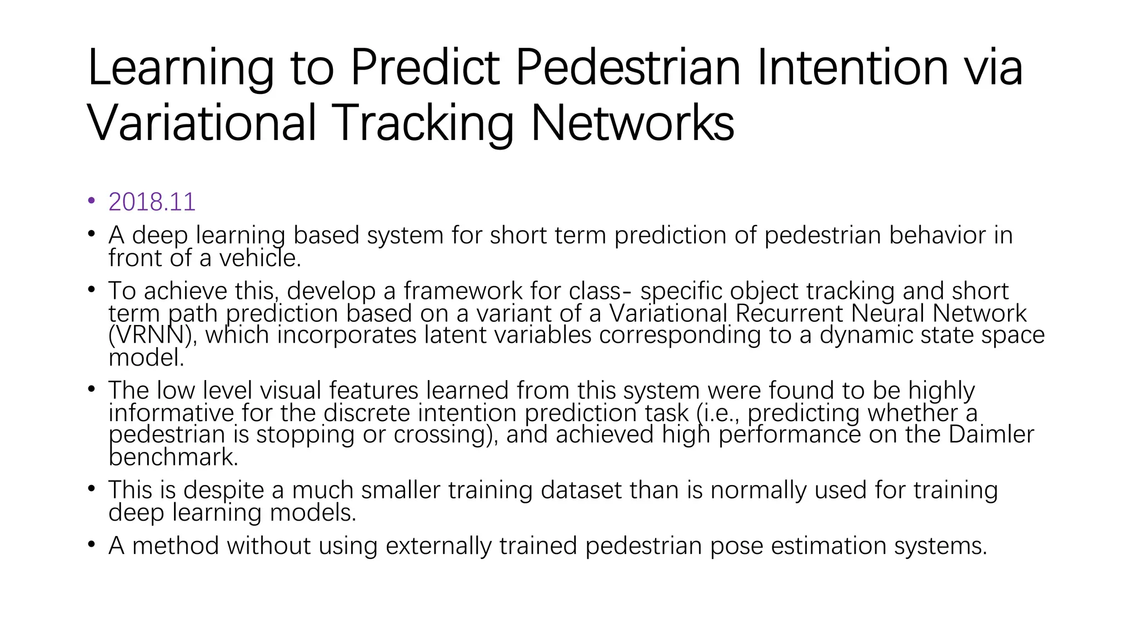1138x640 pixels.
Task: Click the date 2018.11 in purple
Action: (x=152, y=202)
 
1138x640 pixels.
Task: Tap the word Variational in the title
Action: (x=201, y=123)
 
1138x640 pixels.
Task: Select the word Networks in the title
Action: (x=632, y=123)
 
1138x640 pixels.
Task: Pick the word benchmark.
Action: (x=173, y=457)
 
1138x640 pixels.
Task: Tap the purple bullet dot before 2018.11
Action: (x=92, y=201)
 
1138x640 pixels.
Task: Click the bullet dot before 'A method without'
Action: (x=92, y=544)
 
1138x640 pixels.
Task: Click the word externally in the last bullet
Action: (x=438, y=546)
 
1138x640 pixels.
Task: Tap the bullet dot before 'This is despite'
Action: (x=92, y=488)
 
